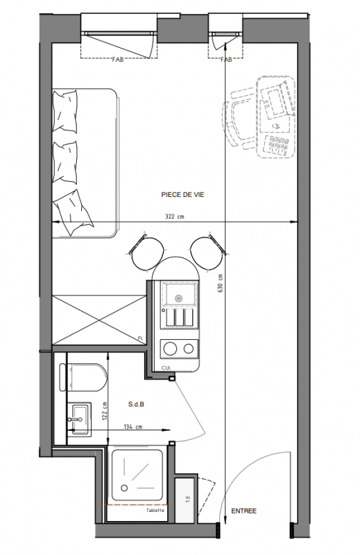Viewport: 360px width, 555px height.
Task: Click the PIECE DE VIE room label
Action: (182, 195)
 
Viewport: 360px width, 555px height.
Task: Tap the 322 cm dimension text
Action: (175, 216)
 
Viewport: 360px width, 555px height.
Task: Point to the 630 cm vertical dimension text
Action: (220, 283)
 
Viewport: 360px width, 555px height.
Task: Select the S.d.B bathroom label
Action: (136, 404)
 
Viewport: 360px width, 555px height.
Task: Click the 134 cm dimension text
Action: (132, 427)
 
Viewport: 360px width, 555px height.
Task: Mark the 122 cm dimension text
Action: (105, 411)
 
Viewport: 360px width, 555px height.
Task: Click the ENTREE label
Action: (244, 511)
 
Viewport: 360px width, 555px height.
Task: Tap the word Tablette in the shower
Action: (155, 511)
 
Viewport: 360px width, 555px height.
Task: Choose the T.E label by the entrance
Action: (188, 499)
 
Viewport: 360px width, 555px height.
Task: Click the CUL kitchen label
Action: (166, 368)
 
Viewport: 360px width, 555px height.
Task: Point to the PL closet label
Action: (141, 339)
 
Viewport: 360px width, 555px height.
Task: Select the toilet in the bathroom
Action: (83, 377)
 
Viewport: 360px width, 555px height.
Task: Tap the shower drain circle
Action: (124, 488)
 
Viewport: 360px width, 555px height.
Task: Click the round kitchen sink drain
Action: (178, 298)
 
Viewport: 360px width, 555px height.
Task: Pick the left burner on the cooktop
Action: (169, 349)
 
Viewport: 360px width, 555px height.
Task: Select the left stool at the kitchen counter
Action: (146, 252)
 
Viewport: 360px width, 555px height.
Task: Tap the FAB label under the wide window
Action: (118, 60)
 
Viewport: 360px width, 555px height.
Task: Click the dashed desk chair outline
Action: (241, 122)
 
